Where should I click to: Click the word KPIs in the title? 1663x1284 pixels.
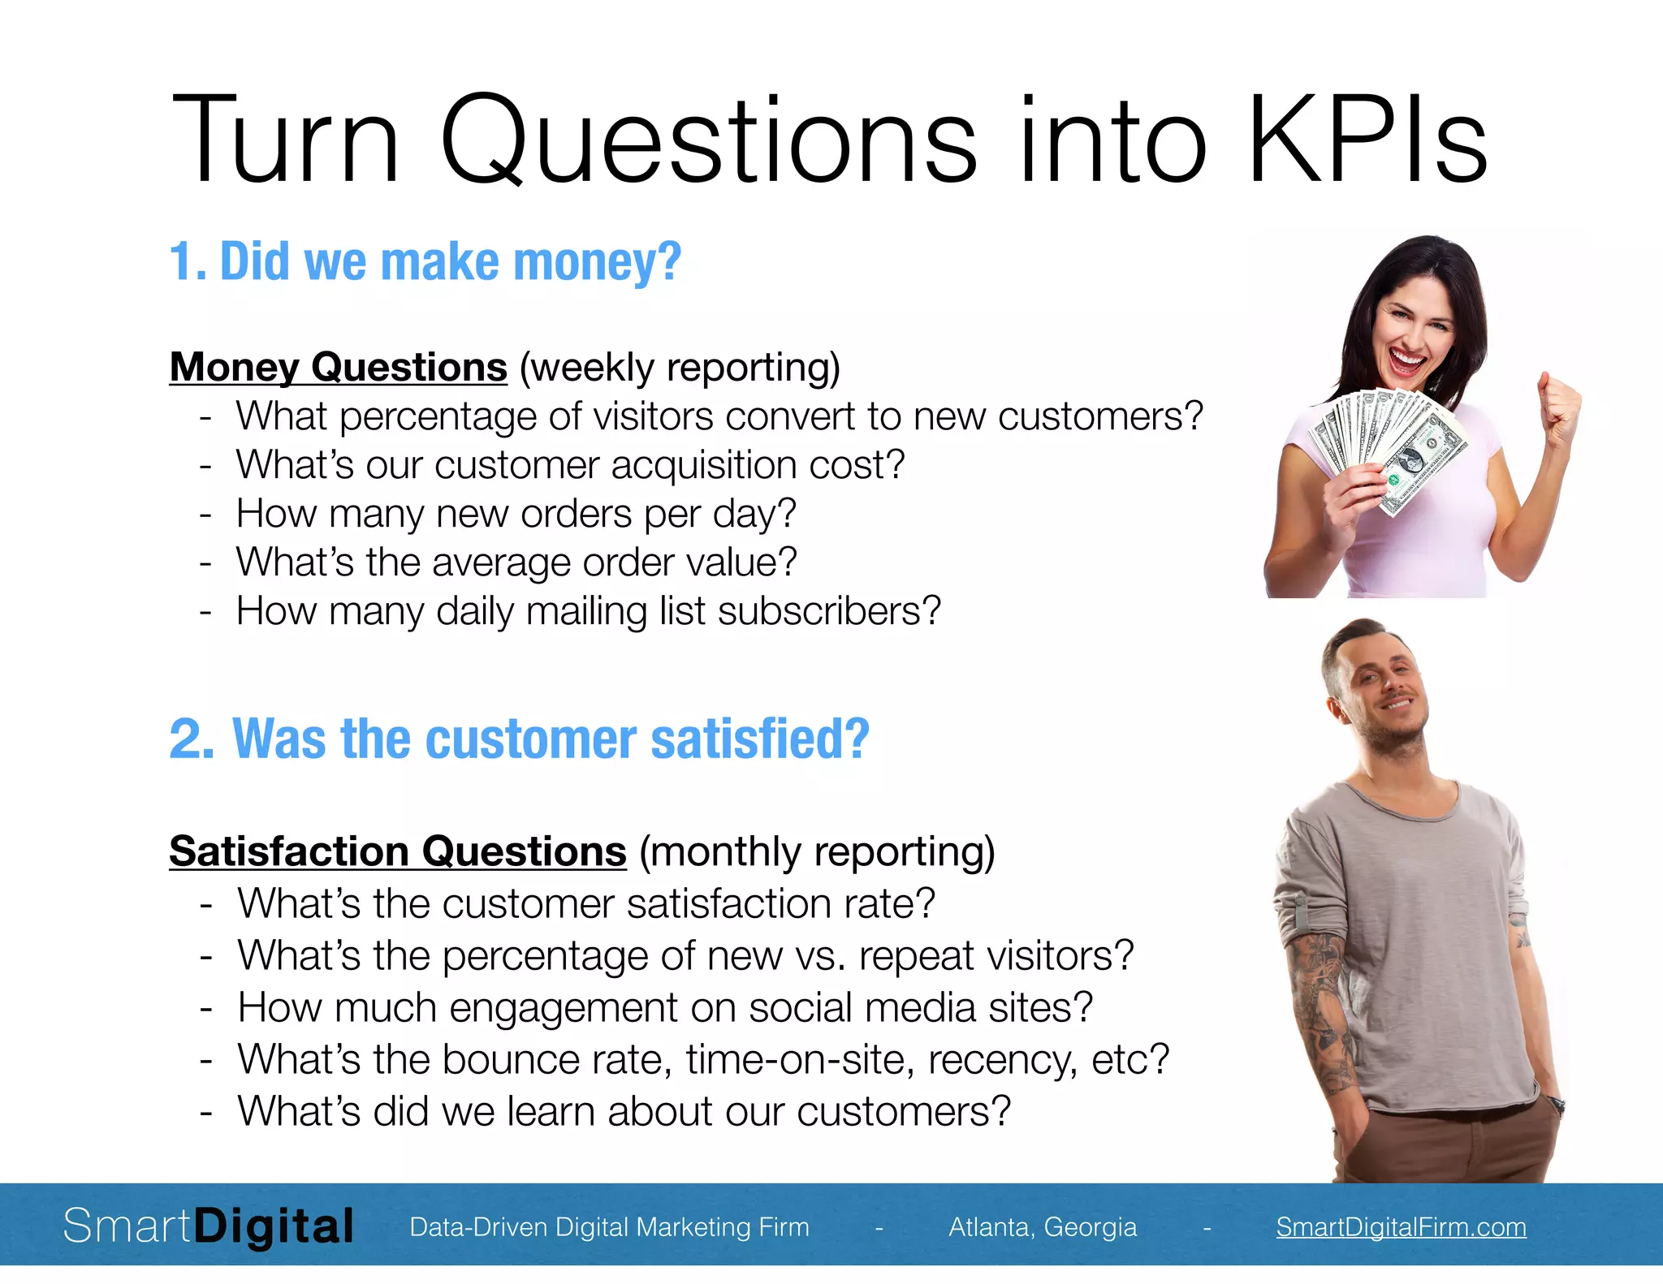tap(1367, 140)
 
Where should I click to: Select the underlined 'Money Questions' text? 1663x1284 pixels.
tap(338, 367)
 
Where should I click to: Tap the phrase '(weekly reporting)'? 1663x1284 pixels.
tap(680, 368)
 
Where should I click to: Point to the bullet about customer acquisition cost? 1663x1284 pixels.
tap(570, 465)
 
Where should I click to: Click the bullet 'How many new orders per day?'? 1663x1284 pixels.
tap(516, 514)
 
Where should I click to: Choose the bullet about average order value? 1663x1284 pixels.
tap(516, 562)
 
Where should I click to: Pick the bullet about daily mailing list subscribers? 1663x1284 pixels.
tap(588, 611)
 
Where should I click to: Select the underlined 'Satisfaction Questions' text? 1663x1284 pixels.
tap(397, 851)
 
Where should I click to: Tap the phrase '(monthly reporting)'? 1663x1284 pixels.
tap(817, 852)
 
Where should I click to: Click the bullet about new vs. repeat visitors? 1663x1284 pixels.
tap(685, 955)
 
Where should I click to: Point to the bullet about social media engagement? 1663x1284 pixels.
tap(665, 1007)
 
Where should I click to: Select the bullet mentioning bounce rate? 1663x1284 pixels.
tap(703, 1059)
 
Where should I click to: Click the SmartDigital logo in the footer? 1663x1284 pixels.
tap(209, 1226)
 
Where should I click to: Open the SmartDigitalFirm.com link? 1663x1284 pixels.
tap(1401, 1226)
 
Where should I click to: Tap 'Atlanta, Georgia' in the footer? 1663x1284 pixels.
tap(1043, 1226)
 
